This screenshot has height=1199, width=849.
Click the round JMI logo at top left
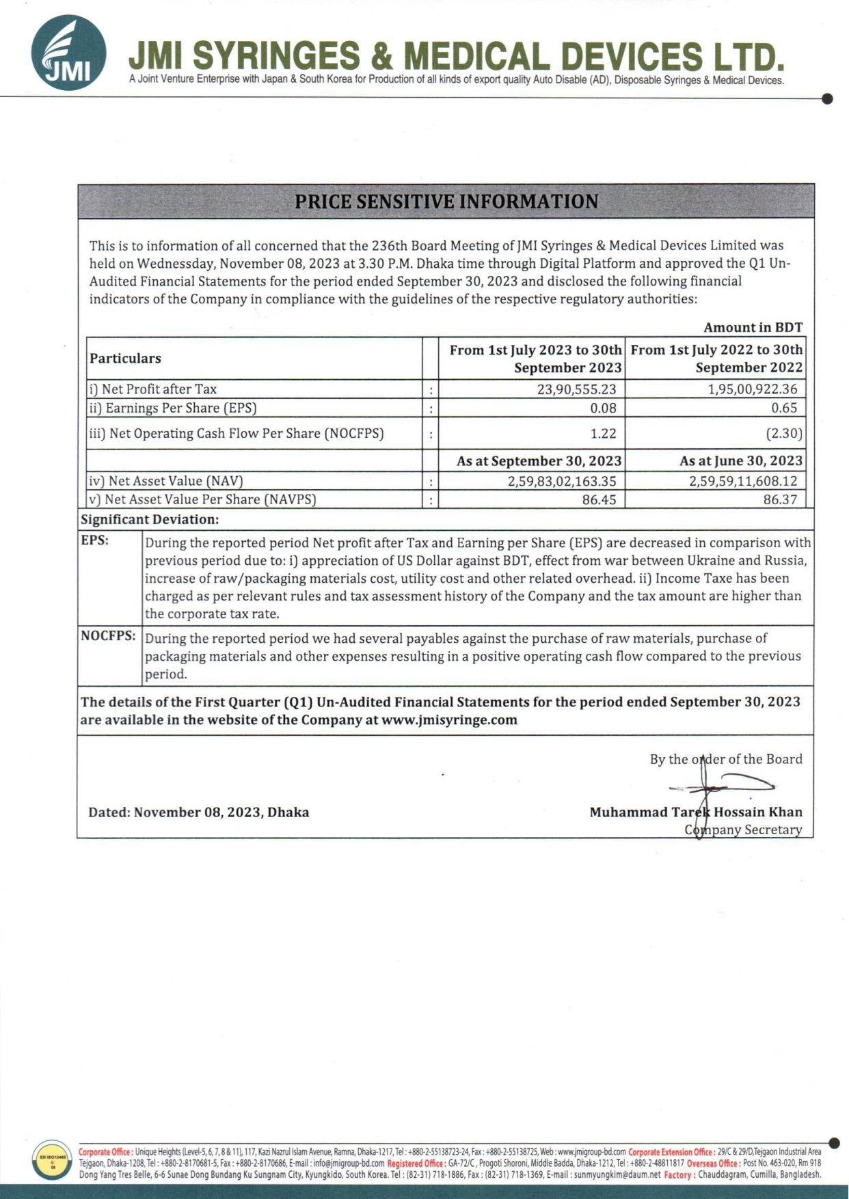tap(68, 53)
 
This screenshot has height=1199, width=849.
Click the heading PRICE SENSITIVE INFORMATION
tap(446, 202)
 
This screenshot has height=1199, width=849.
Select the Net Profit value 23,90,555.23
tap(576, 389)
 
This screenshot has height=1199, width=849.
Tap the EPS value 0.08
tap(603, 408)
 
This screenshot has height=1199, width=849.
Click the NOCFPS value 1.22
tap(603, 433)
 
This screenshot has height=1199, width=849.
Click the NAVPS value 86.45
tap(599, 499)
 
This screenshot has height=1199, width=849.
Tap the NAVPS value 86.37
tap(780, 499)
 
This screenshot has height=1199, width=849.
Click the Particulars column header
tap(125, 359)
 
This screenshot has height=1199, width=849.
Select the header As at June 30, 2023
tap(741, 461)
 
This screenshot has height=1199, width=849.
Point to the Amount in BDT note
tap(753, 328)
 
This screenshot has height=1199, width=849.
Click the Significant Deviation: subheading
tap(150, 519)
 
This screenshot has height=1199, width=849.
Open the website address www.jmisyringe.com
tap(449, 720)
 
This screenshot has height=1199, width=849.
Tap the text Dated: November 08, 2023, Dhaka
tap(198, 812)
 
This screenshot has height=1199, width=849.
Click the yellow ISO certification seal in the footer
tap(52, 1159)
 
